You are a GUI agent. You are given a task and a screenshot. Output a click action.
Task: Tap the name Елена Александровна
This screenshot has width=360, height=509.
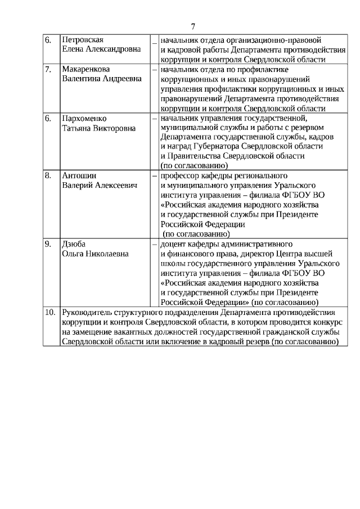[x=101, y=50]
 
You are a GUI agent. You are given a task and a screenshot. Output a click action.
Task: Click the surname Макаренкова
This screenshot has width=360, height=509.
[x=85, y=70]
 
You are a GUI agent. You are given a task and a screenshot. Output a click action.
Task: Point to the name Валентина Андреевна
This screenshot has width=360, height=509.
[x=102, y=79]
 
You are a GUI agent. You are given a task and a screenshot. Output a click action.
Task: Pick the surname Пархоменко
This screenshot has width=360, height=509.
[x=84, y=119]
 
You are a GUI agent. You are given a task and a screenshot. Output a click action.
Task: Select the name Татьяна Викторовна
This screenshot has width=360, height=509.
[x=98, y=128]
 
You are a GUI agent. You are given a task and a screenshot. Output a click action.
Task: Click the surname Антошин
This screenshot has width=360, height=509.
[x=78, y=175]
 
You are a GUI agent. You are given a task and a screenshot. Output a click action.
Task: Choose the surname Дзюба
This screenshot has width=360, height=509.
[x=73, y=244]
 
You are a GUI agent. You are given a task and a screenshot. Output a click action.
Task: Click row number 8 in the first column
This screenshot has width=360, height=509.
[x=48, y=175]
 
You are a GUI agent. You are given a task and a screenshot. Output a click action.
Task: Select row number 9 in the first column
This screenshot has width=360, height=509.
[x=48, y=244]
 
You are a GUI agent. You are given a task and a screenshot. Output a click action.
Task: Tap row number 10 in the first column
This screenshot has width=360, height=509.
[x=50, y=312]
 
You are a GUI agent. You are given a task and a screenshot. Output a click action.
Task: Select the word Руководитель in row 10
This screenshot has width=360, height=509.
[x=88, y=312]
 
